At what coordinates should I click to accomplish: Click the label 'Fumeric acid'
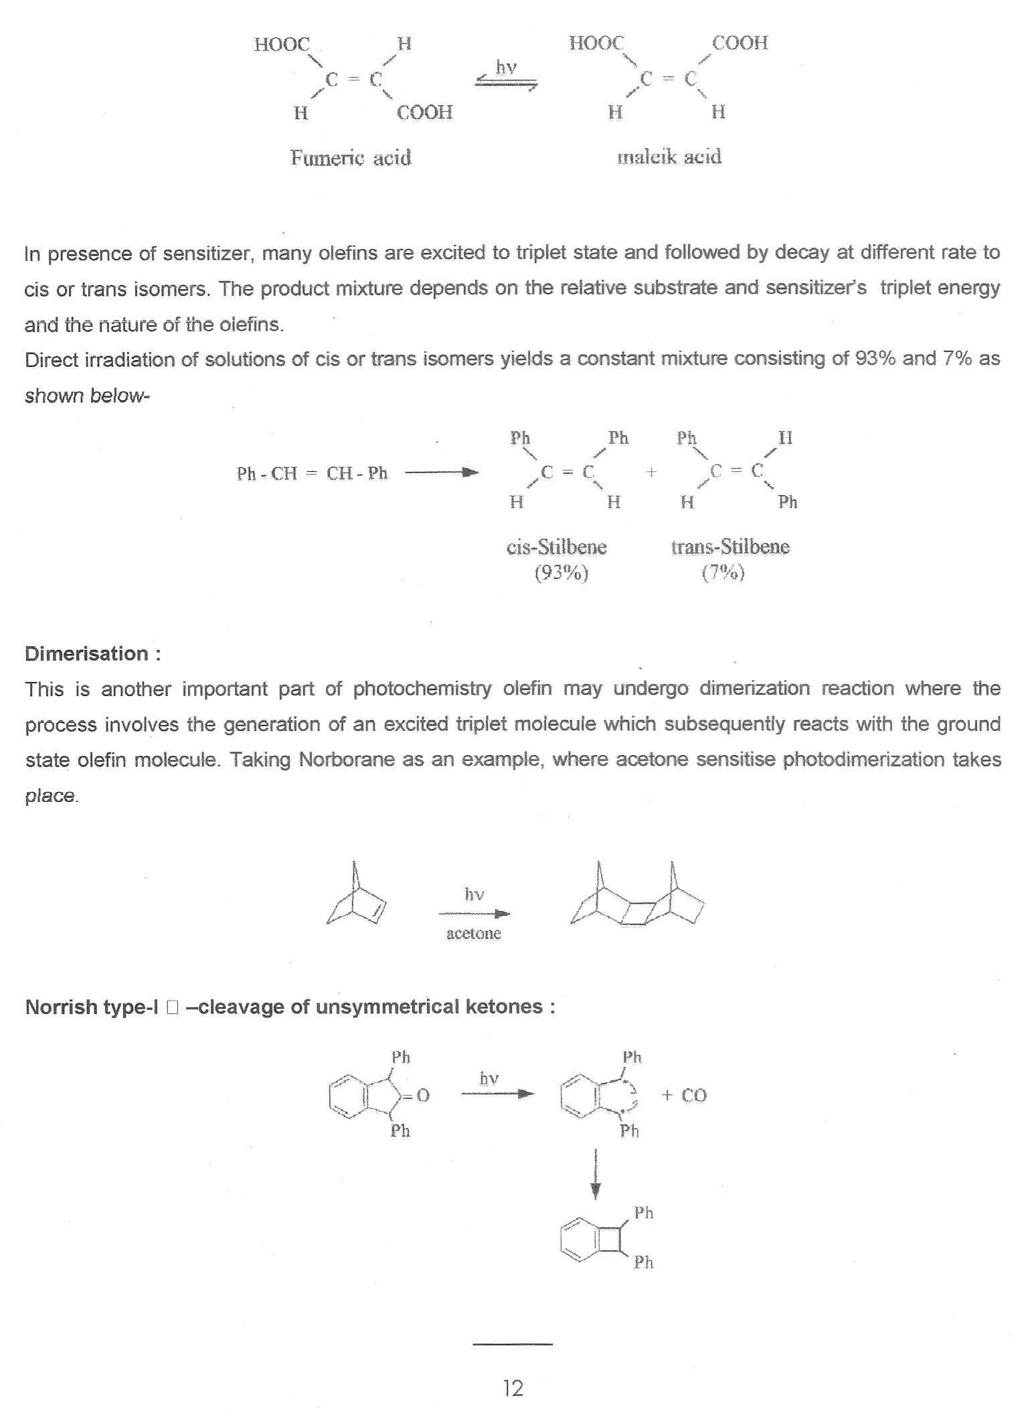click(x=350, y=158)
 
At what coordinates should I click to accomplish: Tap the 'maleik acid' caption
click(x=669, y=157)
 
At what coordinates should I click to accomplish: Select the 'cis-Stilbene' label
click(x=556, y=548)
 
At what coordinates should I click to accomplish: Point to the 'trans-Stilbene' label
click(x=730, y=547)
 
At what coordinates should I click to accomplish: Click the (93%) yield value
click(x=561, y=574)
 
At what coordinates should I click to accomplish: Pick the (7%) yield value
click(x=723, y=574)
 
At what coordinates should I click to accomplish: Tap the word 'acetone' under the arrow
click(x=473, y=934)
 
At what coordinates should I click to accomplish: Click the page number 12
click(x=513, y=1388)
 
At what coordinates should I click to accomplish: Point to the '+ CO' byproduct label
click(x=684, y=1095)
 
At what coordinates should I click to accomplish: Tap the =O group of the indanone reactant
click(x=418, y=1096)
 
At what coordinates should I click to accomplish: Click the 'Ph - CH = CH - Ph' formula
click(x=312, y=474)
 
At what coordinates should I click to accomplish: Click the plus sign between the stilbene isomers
click(x=651, y=473)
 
